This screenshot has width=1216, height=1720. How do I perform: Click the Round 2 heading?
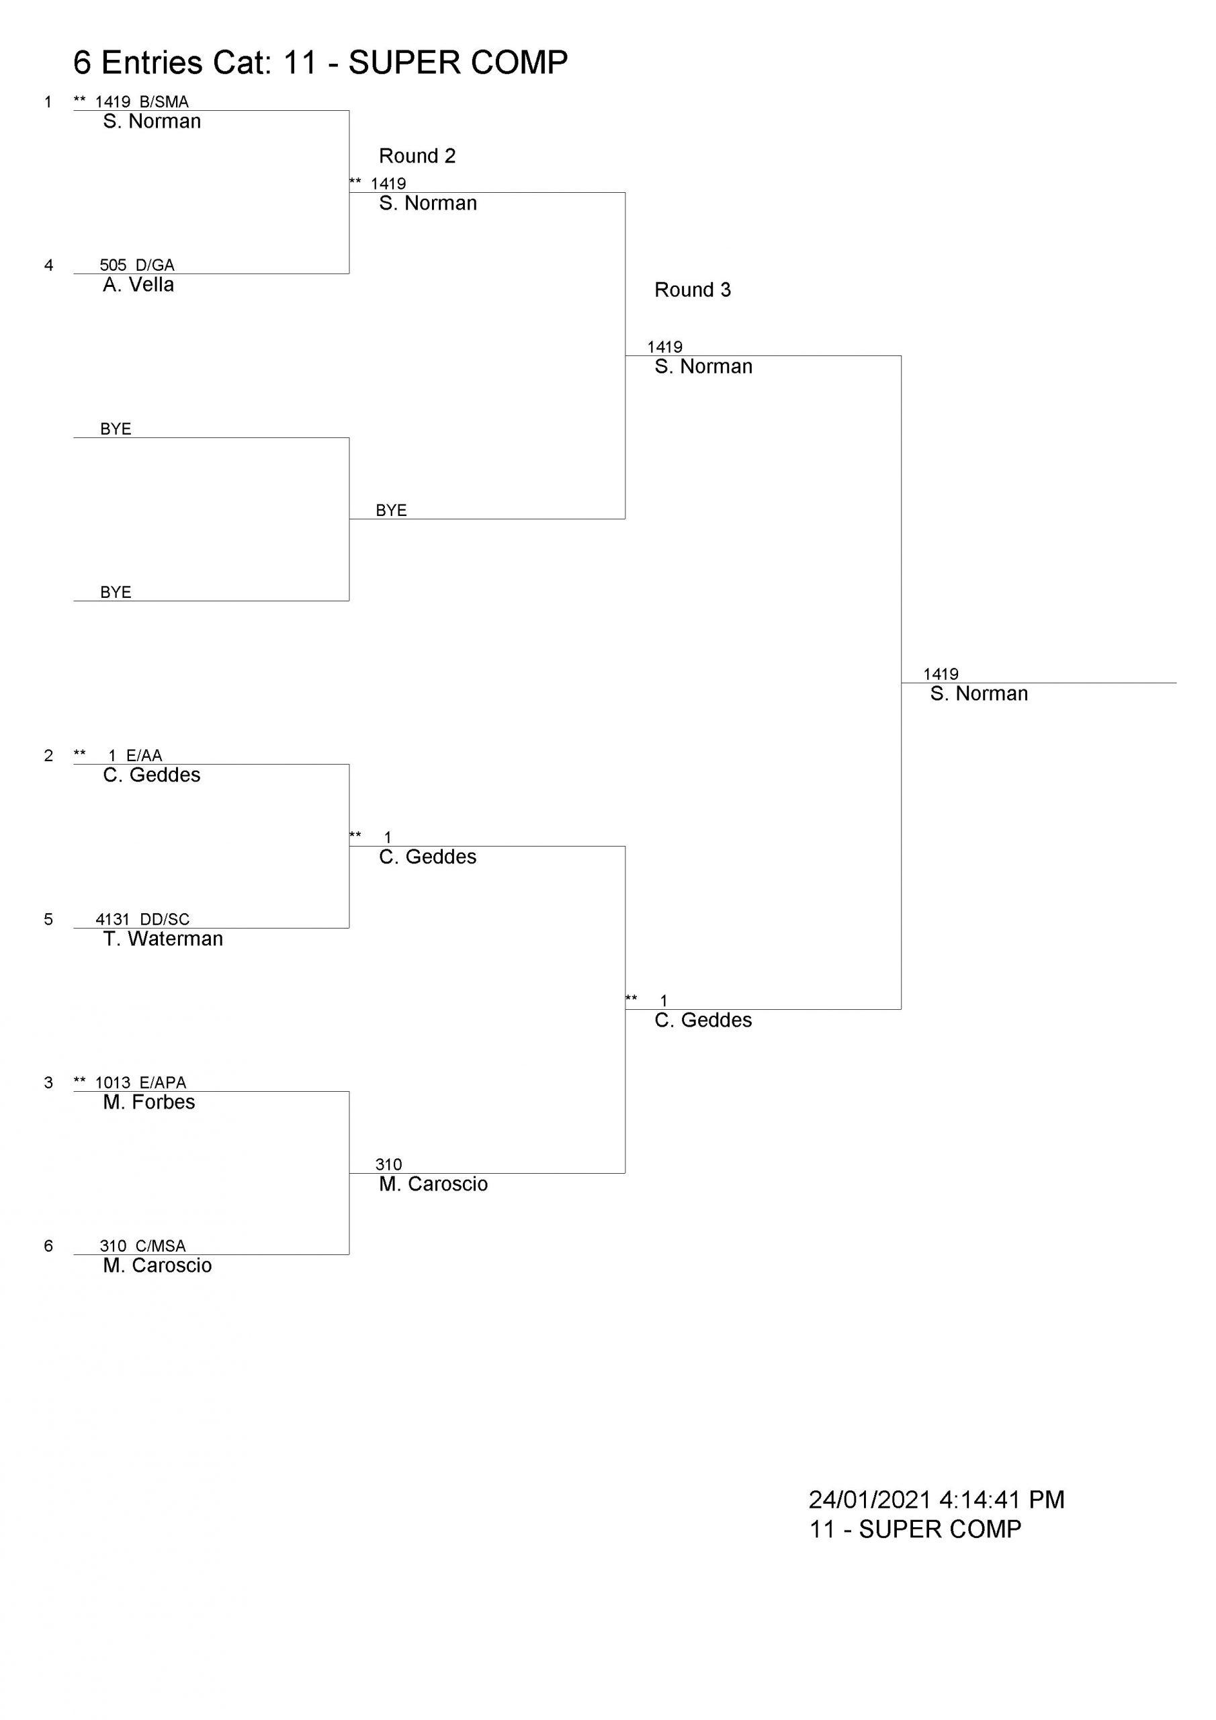pos(417,156)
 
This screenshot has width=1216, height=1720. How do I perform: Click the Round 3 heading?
pos(692,290)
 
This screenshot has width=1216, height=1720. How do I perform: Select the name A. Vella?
pos(138,285)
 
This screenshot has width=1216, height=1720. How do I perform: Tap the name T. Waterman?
pos(163,939)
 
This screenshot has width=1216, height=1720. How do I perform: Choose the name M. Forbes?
pos(149,1102)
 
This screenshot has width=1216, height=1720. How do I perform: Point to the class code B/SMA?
pos(164,102)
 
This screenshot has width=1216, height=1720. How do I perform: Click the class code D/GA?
pos(155,265)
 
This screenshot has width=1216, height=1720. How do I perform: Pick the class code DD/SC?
pos(165,919)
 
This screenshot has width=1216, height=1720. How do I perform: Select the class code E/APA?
pos(163,1082)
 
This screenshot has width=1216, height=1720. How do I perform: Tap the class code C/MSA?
pos(161,1246)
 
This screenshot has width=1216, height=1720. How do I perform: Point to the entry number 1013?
pos(113,1082)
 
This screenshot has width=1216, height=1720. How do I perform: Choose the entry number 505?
pos(113,265)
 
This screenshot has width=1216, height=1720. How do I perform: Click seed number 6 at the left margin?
pos(48,1246)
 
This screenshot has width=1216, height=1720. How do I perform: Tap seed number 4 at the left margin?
pos(48,265)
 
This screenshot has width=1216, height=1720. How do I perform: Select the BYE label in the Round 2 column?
pos(391,511)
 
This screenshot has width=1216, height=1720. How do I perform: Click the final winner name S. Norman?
pos(980,693)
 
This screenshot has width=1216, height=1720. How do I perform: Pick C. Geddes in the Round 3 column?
pos(703,1021)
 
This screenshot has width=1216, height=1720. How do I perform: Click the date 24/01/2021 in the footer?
pos(870,1500)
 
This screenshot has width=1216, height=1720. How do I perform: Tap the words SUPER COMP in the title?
pos(458,63)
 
